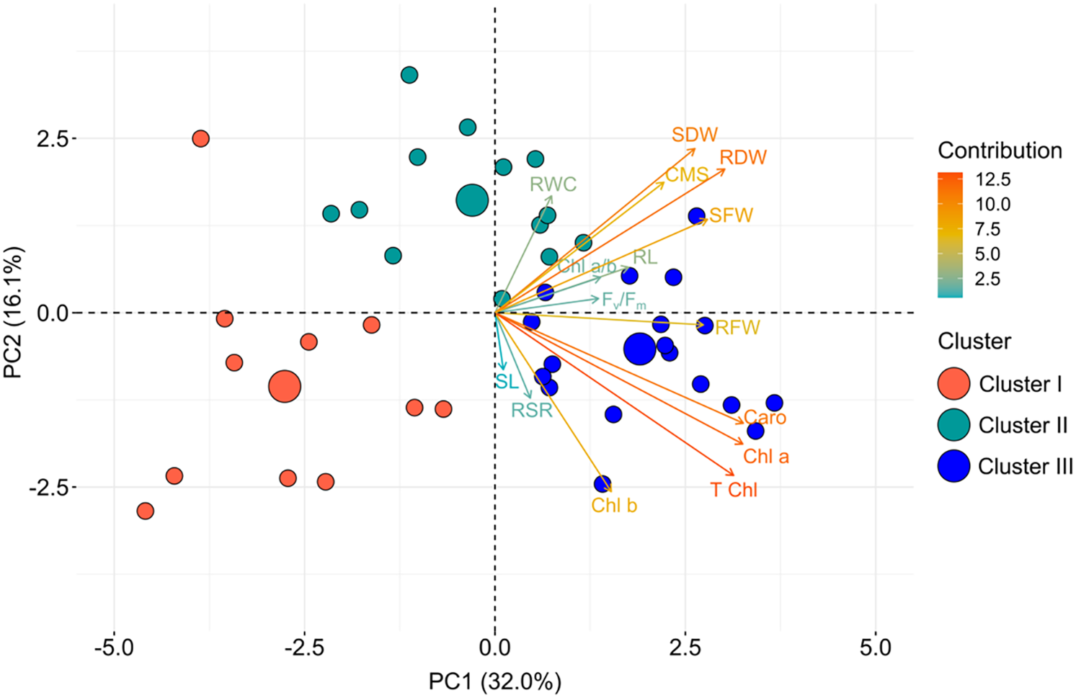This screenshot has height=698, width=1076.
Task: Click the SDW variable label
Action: pyautogui.click(x=694, y=135)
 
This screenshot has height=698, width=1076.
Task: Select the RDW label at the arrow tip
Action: pyautogui.click(x=743, y=158)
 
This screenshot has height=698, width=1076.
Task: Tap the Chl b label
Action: pyautogui.click(x=614, y=506)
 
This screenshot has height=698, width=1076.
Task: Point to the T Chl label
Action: pyautogui.click(x=734, y=490)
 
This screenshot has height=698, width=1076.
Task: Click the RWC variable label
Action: pyautogui.click(x=553, y=184)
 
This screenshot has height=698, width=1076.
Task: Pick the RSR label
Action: pyautogui.click(x=531, y=411)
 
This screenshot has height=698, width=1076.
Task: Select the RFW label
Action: pyautogui.click(x=737, y=328)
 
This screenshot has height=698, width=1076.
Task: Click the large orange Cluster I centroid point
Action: pyautogui.click(x=285, y=387)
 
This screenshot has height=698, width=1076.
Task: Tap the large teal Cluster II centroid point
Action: pyautogui.click(x=472, y=201)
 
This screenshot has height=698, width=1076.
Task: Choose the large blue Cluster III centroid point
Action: pyautogui.click(x=640, y=349)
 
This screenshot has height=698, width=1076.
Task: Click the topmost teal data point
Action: pyautogui.click(x=409, y=75)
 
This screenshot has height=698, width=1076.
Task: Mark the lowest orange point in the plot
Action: pyautogui.click(x=146, y=511)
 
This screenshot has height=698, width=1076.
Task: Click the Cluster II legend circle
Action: pyautogui.click(x=953, y=425)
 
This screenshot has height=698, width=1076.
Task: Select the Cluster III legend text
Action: pyautogui.click(x=1025, y=467)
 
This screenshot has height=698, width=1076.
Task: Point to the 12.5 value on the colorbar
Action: pyautogui.click(x=992, y=179)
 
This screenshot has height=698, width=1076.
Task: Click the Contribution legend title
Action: pyautogui.click(x=999, y=151)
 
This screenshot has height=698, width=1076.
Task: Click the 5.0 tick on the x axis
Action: pyautogui.click(x=875, y=648)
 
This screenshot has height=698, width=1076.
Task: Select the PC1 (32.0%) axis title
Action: pyautogui.click(x=494, y=681)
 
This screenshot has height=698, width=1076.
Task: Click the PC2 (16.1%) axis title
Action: pyautogui.click(x=14, y=312)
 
